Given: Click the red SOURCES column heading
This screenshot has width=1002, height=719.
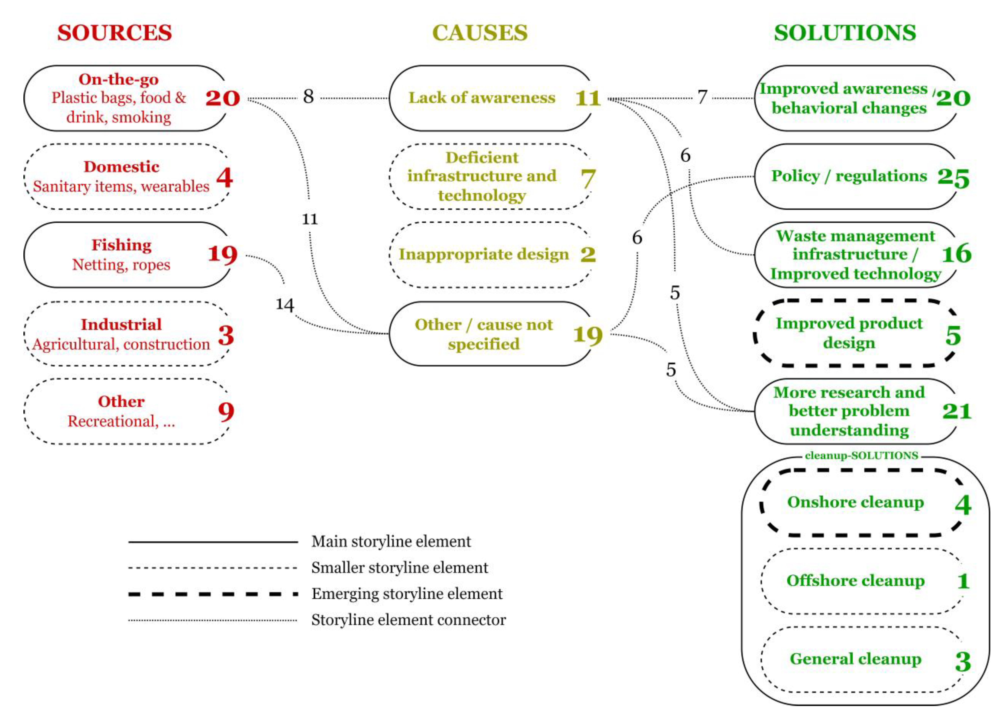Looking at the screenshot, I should pos(114,33).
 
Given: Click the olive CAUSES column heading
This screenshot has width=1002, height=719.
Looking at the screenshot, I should pos(480,33).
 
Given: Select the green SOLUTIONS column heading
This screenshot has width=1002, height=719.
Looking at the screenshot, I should pos(845,33).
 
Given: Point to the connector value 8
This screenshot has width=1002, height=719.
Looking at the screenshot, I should pos(308,96).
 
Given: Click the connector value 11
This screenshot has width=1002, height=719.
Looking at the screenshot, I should pos(310,219).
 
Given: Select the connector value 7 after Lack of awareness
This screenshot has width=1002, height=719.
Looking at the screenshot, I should pos(702,97).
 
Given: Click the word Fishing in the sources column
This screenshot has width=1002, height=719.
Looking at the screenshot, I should pos(122,245).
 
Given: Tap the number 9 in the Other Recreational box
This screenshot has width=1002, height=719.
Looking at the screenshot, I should pos(226,412).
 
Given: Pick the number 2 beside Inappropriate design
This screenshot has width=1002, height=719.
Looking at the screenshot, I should pos(588,254).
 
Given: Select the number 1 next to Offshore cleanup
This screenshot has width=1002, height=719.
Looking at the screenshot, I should pos(963,581).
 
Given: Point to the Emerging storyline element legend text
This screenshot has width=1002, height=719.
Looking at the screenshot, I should pos(407,594).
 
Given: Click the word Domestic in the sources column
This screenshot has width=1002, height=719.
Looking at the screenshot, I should pos(122,167).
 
